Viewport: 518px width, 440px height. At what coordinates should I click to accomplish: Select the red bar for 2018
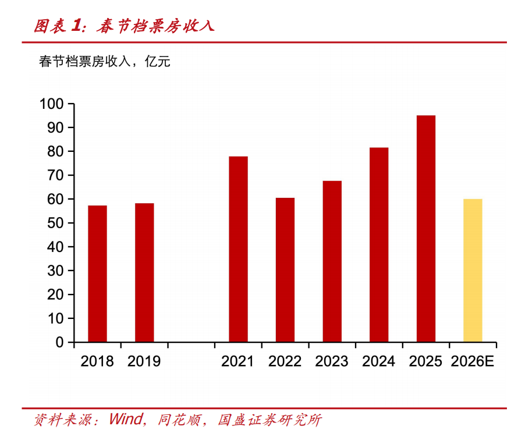click(x=97, y=274)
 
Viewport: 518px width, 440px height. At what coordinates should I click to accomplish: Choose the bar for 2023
click(x=332, y=261)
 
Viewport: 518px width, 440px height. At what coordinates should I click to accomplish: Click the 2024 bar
click(x=379, y=244)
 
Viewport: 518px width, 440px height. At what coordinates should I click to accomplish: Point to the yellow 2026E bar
click(x=473, y=271)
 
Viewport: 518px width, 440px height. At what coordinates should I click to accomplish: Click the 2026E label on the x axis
click(x=473, y=361)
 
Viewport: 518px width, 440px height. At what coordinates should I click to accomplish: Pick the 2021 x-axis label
click(x=238, y=361)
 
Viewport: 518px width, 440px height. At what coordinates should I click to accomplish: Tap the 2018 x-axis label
click(x=97, y=361)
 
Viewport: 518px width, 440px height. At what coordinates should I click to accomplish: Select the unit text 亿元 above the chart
click(x=157, y=61)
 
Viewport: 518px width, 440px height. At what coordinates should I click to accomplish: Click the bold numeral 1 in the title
click(x=76, y=26)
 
